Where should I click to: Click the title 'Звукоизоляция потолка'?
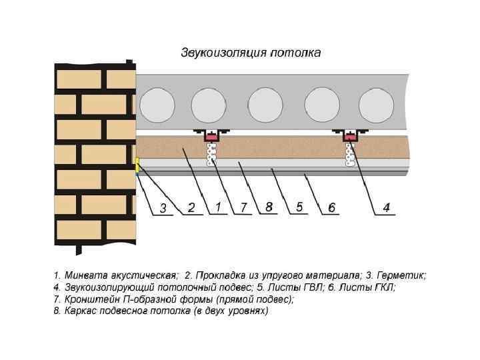pyautogui.click(x=251, y=53)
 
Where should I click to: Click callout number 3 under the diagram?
pyautogui.click(x=163, y=209)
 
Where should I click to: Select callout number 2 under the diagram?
pyautogui.click(x=191, y=207)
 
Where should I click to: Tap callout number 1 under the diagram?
pyautogui.click(x=218, y=207)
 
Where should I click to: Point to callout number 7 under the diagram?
pyautogui.click(x=244, y=207)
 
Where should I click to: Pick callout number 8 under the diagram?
pyautogui.click(x=269, y=207)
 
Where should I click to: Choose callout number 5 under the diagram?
pyautogui.click(x=300, y=207)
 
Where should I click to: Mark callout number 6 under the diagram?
pyautogui.click(x=331, y=208)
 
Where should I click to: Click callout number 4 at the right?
pyautogui.click(x=386, y=208)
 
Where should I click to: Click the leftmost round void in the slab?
pyautogui.click(x=157, y=105)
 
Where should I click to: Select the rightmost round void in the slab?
pyautogui.click(x=376, y=105)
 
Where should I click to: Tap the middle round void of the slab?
pyautogui.click(x=265, y=105)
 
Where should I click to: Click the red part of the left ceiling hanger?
pyautogui.click(x=212, y=137)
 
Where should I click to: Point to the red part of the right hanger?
pyautogui.click(x=350, y=137)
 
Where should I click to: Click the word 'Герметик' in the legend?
pyautogui.click(x=401, y=275)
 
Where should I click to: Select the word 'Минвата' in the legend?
pyautogui.click(x=84, y=275)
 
